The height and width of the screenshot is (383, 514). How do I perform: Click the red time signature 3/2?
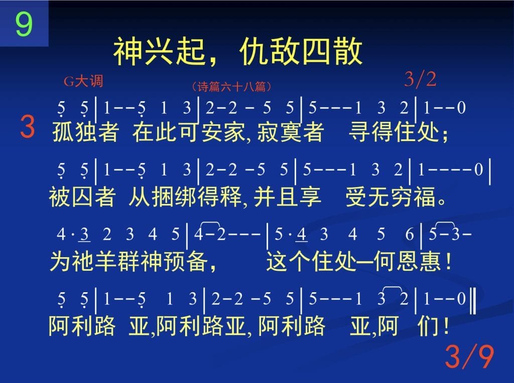pos(420,79)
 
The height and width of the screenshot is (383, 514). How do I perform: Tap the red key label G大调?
pos(83,81)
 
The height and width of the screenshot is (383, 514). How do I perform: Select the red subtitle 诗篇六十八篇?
pos(231,86)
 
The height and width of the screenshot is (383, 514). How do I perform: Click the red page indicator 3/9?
pos(469,356)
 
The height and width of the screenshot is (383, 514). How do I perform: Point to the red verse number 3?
pos(28,126)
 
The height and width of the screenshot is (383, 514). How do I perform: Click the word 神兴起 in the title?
pos(159,52)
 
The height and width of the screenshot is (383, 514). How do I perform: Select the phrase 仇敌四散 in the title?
pos(301,52)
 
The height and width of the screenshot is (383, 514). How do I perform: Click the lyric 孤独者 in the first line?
pos(85,132)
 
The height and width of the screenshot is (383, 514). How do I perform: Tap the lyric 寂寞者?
pos(291,132)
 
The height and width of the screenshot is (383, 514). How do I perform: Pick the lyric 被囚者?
pos(82,197)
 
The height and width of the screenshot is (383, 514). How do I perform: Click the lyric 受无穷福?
pos(392,197)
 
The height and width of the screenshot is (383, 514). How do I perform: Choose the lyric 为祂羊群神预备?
pos(129,261)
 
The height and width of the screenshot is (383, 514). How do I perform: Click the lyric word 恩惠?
pos(419,261)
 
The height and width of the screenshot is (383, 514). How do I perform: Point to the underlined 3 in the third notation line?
pos(84,235)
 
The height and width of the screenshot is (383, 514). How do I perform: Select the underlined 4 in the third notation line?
pos(301,235)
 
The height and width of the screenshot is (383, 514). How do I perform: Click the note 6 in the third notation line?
pos(410,235)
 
